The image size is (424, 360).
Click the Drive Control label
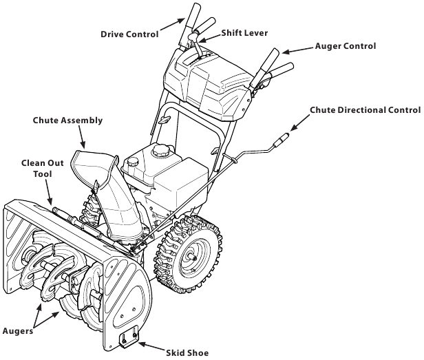tap(129, 33)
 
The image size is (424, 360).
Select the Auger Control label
tap(346, 47)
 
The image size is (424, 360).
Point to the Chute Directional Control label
tap(365, 110)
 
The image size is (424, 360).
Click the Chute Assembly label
tap(67, 120)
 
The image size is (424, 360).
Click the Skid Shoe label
tap(187, 352)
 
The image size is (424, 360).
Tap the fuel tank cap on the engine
tap(162, 149)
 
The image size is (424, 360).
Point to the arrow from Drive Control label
tap(171, 30)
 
